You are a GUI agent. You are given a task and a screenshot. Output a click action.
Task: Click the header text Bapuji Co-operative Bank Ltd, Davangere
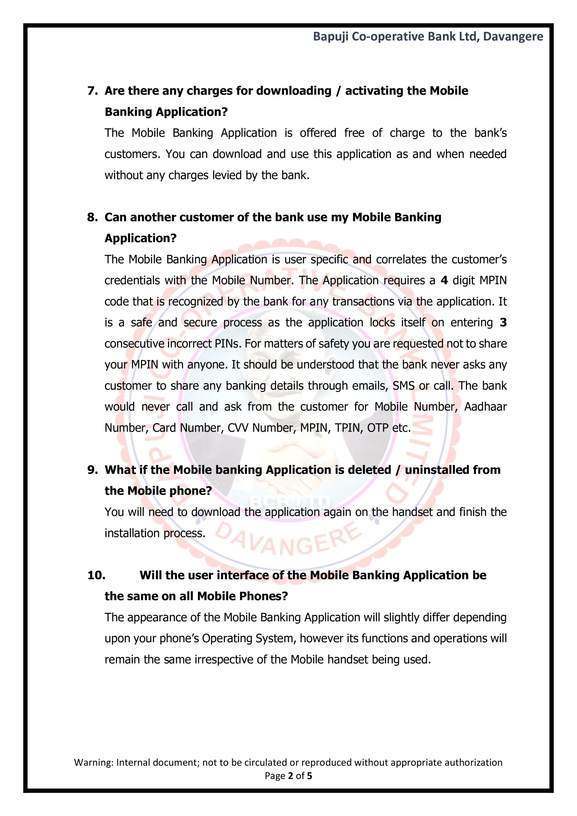[428, 37]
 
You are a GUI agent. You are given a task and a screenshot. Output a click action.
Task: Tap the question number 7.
[92, 91]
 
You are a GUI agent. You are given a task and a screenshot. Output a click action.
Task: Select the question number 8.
[92, 217]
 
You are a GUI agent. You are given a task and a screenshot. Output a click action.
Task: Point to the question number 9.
[92, 470]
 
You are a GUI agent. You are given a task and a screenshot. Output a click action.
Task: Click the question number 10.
[96, 575]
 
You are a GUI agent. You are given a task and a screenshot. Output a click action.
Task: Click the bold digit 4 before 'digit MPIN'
[444, 280]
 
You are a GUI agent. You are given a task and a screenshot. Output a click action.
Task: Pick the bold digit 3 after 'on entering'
[503, 322]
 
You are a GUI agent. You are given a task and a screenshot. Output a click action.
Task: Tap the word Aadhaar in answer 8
[485, 407]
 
